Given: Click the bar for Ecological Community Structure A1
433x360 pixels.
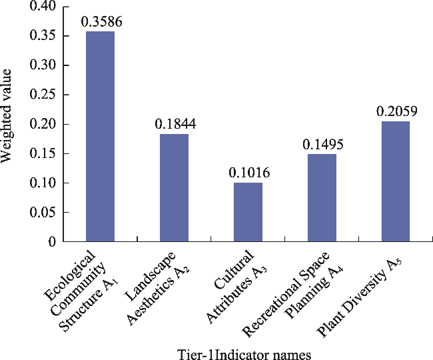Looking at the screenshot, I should pyautogui.click(x=100, y=136).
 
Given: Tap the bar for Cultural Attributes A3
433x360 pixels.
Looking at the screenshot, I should pyautogui.click(x=248, y=212).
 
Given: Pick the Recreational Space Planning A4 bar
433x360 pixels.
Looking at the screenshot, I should pyautogui.click(x=322, y=197).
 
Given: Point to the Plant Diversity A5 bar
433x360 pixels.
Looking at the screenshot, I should pyautogui.click(x=396, y=181).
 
